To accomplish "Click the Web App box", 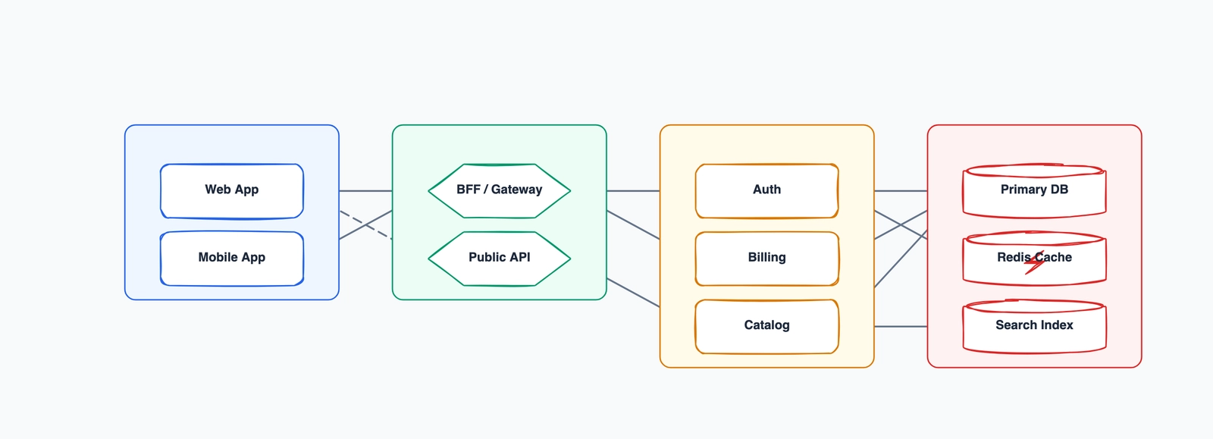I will point(231,190).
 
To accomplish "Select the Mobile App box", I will point(231,259).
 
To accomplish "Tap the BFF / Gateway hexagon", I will point(499,190).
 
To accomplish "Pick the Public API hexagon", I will point(499,259).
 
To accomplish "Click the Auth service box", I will point(766,190).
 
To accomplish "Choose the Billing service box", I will point(766,259).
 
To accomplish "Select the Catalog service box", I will point(766,326).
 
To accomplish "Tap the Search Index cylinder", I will point(1034,327).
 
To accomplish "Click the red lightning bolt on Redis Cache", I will point(1034,262).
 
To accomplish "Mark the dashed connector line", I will point(365,224).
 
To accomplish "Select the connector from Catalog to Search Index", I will point(901,327).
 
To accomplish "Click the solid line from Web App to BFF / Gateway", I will point(365,191).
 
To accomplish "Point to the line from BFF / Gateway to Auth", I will point(633,191).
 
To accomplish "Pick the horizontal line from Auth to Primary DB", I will point(901,191).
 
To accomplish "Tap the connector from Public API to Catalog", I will point(633,293).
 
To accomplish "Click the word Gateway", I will point(516,190).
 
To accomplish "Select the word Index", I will point(1057,325).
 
